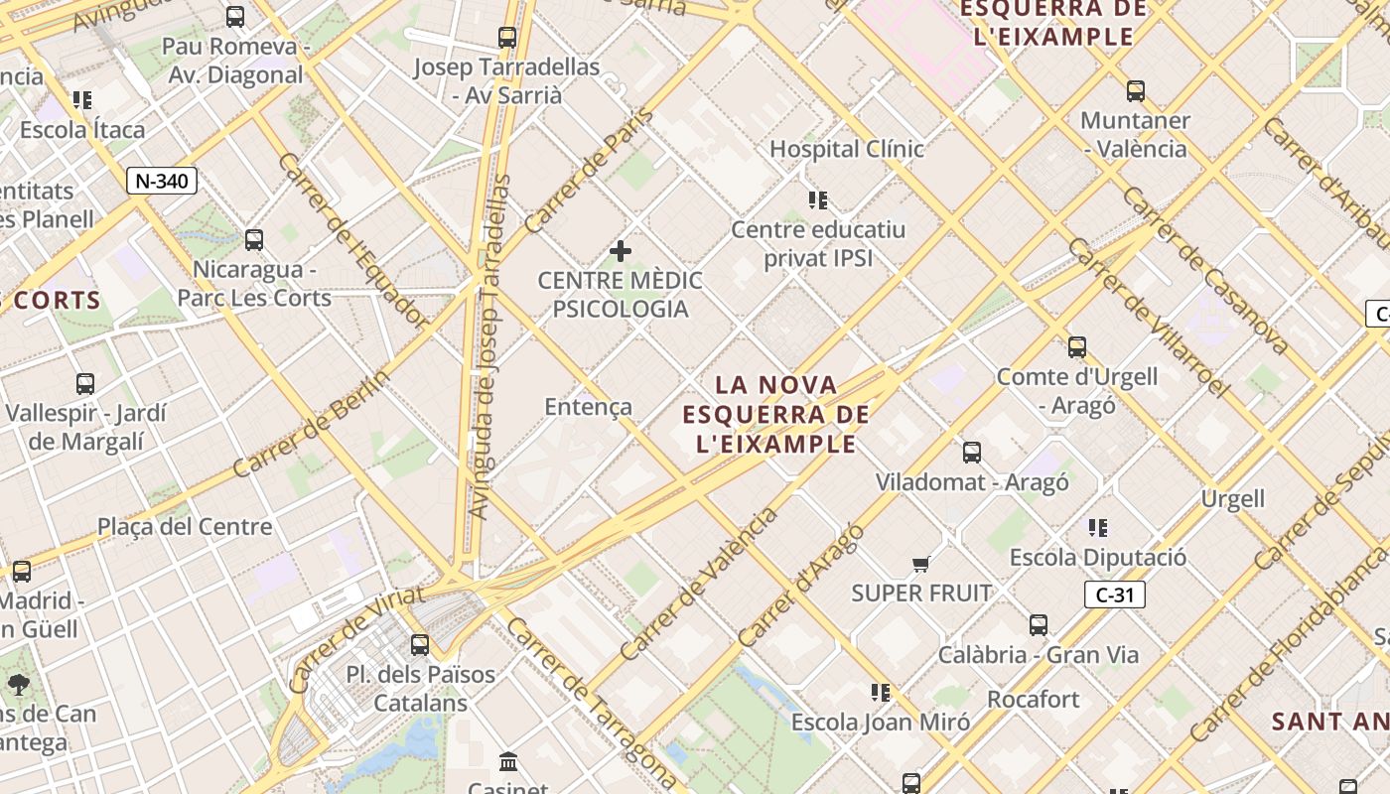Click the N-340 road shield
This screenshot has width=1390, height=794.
162,181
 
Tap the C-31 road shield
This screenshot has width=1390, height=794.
1114,595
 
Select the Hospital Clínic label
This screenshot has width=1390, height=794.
847,149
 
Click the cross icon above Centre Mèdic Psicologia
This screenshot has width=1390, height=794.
621,251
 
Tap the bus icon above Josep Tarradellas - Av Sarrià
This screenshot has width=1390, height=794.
507,38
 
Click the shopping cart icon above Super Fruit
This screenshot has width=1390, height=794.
921,564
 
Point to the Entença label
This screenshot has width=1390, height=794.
588,407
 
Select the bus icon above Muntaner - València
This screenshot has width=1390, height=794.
1136,91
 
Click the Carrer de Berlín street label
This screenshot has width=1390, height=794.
310,421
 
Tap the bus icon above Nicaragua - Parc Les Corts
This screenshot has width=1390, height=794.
254,239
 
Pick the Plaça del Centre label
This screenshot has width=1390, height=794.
185,527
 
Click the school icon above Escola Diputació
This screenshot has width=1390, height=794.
1097,528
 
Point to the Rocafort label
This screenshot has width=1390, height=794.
1033,700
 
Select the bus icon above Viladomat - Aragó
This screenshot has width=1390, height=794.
972,453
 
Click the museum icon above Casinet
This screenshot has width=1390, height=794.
509,762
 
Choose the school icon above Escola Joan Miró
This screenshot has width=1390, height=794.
880,692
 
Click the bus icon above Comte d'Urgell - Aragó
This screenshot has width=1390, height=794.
1077,347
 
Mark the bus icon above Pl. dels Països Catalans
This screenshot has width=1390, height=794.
420,644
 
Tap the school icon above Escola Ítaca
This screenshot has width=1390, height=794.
82,100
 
